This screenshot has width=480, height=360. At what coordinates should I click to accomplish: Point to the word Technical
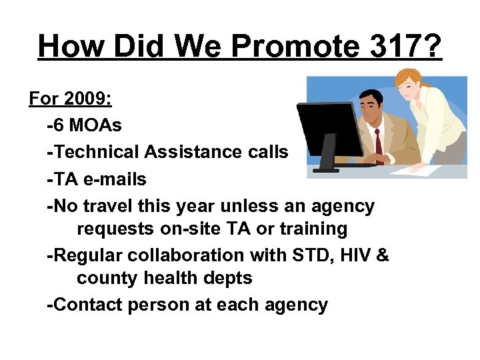97,151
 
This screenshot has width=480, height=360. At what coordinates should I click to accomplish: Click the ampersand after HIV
383,255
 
